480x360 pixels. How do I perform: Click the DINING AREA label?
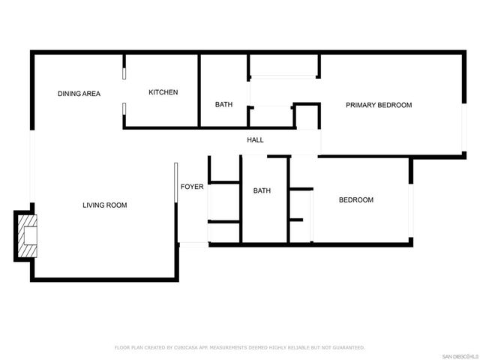coord(79,94)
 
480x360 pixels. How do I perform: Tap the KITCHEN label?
coord(163,92)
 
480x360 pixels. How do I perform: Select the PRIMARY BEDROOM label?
coord(379,105)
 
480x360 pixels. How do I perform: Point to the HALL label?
coord(256,140)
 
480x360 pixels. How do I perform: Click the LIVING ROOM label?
coord(105,205)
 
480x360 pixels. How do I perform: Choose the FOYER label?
coord(192,186)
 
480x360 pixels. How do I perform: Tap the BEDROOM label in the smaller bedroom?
coord(356,199)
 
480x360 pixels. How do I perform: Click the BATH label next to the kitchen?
coord(223,104)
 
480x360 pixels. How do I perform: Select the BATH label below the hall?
coord(262,190)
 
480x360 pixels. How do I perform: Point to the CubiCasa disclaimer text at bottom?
coord(240,347)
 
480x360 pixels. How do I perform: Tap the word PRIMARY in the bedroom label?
coord(361,105)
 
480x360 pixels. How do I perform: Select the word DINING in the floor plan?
coord(70,94)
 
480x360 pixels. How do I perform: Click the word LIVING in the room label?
coord(94,205)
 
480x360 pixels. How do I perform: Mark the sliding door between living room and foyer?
coord(175,182)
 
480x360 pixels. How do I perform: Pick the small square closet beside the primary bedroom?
coord(305,118)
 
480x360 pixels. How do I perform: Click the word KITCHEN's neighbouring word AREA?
coord(91,94)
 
